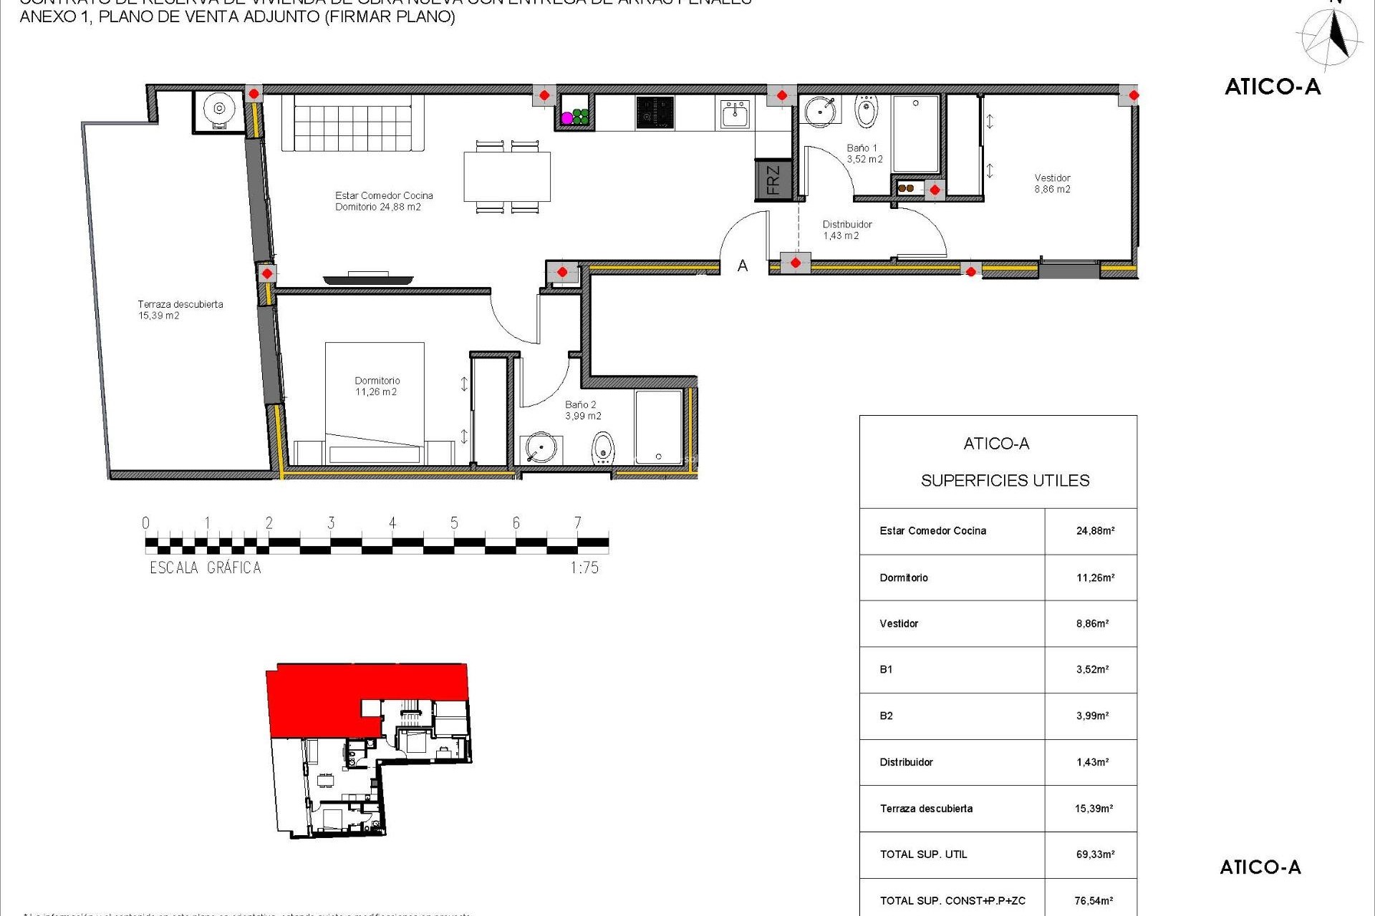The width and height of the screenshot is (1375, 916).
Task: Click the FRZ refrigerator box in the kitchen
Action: pyautogui.click(x=773, y=180)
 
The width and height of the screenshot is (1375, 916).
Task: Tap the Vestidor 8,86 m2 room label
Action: pyautogui.click(x=1052, y=184)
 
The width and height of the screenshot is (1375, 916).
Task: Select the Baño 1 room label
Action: pyautogui.click(x=864, y=153)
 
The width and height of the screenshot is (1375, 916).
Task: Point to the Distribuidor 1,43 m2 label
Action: pyautogui.click(x=846, y=230)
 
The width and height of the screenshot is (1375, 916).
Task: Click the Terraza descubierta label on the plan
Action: pyautogui.click(x=180, y=309)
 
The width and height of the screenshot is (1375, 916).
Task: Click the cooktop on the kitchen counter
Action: pyautogui.click(x=655, y=113)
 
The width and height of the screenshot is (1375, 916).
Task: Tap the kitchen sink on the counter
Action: pyautogui.click(x=735, y=114)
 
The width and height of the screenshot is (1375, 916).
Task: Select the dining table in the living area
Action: pyautogui.click(x=507, y=177)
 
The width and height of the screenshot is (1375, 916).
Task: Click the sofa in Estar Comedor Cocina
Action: pyautogui.click(x=352, y=122)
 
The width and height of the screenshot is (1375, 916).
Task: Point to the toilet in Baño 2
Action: pyautogui.click(x=603, y=449)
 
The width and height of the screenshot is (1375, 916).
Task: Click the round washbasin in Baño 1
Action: pyautogui.click(x=819, y=111)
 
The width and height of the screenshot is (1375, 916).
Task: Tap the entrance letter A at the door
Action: pyautogui.click(x=743, y=266)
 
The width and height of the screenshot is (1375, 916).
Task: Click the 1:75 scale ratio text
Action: pyautogui.click(x=584, y=568)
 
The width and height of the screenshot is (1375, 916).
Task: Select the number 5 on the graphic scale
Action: pyautogui.click(x=454, y=523)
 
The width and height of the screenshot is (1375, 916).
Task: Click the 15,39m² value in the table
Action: pyautogui.click(x=1094, y=809)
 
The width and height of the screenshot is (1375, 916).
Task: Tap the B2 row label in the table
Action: pyautogui.click(x=886, y=716)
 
